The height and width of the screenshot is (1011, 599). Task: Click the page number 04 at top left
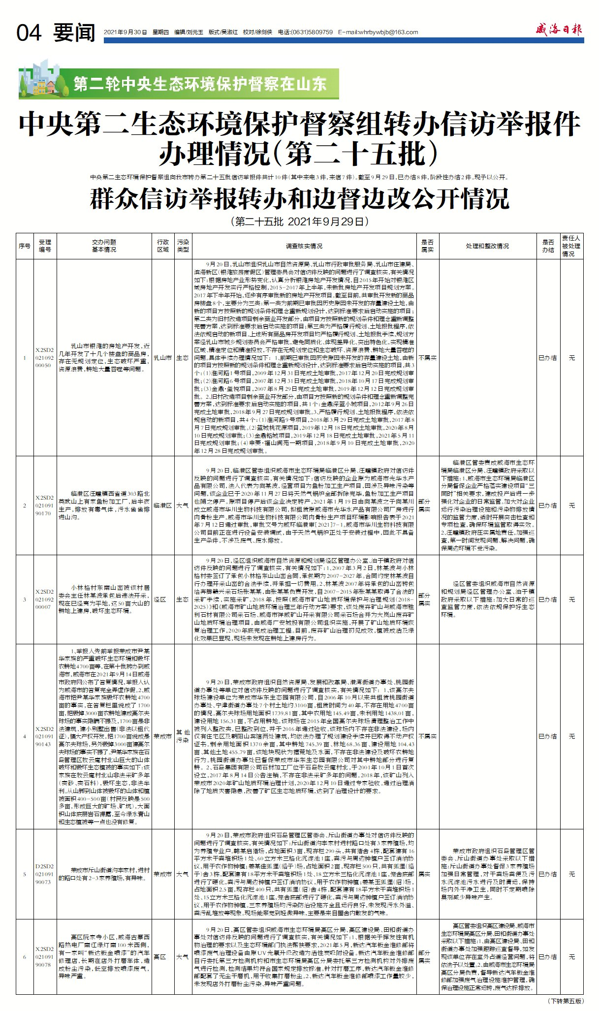(29, 33)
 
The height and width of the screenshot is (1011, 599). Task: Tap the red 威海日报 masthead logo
(559, 30)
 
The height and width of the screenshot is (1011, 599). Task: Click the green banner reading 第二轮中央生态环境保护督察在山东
(200, 84)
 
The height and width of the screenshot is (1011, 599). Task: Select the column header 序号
(25, 246)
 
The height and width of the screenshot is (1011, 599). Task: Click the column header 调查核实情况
(304, 246)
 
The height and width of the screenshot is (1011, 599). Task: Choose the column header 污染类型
(183, 246)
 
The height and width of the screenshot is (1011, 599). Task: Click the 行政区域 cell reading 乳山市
(163, 358)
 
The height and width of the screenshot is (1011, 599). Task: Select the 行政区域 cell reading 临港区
(163, 505)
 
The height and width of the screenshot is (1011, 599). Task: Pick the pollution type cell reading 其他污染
(183, 736)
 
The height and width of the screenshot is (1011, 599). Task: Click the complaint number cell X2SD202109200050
(44, 358)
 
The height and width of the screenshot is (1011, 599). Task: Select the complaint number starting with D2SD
(44, 874)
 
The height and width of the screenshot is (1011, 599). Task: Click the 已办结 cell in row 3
(547, 600)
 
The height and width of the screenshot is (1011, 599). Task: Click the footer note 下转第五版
(566, 1001)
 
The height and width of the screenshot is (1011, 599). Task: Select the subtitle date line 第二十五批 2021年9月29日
(299, 221)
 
